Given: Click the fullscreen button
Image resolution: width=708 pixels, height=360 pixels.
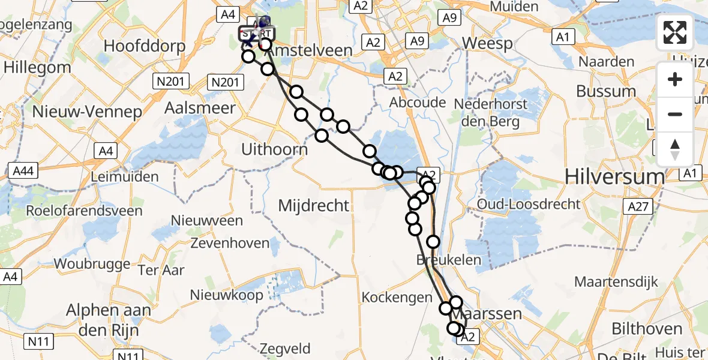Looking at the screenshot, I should click(675, 32).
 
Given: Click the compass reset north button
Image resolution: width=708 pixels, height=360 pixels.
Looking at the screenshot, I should click(675, 149).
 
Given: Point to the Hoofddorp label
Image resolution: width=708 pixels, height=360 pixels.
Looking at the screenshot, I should click(137, 46).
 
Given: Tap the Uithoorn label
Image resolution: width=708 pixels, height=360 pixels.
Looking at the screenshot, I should click(274, 149).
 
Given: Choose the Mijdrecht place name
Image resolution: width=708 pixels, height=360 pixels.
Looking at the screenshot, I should click(314, 206).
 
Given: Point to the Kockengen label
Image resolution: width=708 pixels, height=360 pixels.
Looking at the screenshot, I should click(397, 297).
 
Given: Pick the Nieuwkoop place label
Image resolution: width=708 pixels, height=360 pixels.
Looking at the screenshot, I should click(227, 295).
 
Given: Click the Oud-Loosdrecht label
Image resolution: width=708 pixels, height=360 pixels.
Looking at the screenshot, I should click(529, 204).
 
